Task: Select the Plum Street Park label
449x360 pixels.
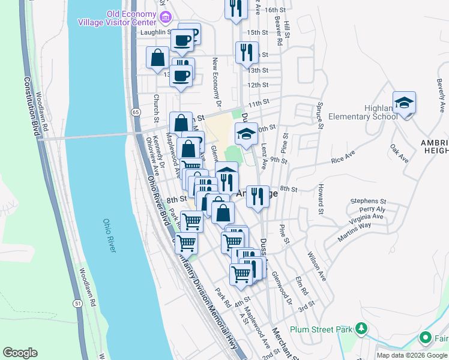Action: click(320, 329)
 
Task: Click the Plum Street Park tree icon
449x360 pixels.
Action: click(361, 328)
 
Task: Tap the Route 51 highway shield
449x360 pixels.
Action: click(78, 304)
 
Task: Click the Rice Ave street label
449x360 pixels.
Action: click(346, 159)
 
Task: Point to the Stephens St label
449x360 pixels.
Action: click(369, 201)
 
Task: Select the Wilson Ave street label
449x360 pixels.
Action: click(318, 266)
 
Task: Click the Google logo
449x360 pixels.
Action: click(20, 352)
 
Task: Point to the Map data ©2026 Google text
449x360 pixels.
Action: click(411, 355)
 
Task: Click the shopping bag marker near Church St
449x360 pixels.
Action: click(157, 58)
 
